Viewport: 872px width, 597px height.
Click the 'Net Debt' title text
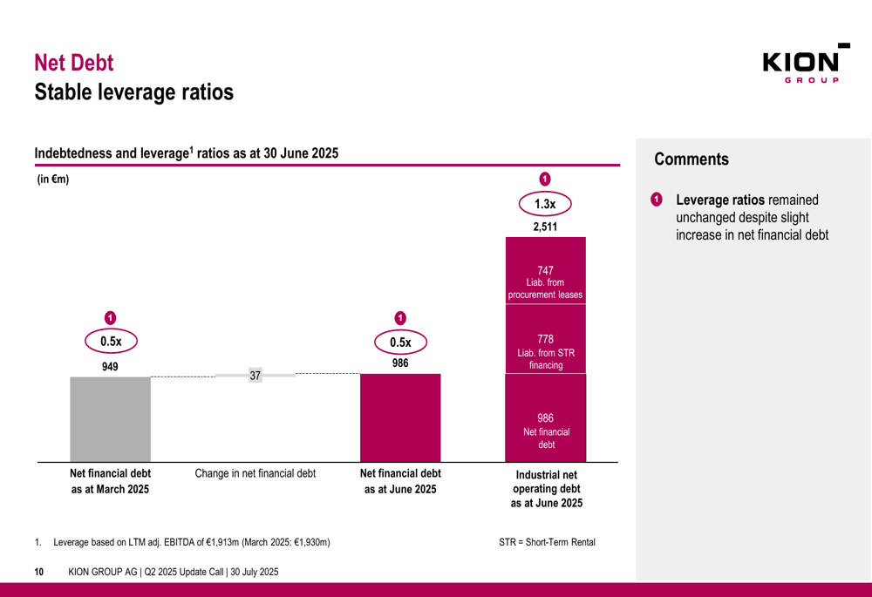point(74,63)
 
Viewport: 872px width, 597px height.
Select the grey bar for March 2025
point(110,419)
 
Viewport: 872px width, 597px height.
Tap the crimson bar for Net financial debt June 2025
point(400,417)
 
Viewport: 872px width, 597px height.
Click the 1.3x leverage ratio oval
point(545,204)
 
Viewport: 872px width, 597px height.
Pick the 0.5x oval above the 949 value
point(111,342)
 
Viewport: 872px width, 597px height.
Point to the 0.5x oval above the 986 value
point(400,342)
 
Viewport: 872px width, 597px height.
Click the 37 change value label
point(255,376)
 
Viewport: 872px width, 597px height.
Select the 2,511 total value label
point(545,227)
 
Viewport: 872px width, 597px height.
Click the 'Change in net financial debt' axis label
point(255,473)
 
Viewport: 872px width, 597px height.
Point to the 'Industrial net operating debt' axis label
point(546,489)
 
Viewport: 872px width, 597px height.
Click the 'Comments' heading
point(691,159)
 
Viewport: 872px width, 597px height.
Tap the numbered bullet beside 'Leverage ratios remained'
point(657,200)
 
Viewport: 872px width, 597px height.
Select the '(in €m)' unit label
point(52,180)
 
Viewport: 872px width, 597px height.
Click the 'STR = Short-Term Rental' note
point(547,542)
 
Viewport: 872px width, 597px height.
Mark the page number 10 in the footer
point(38,572)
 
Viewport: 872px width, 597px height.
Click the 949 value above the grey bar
point(110,367)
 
